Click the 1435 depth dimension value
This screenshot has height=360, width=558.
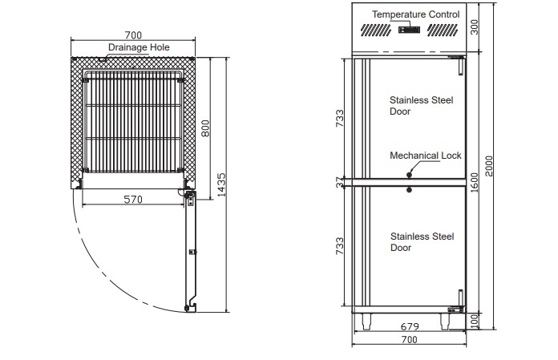[221, 185]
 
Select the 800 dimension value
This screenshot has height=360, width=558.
[205, 128]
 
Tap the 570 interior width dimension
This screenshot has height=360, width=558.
[133, 200]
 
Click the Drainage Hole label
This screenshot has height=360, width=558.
[139, 47]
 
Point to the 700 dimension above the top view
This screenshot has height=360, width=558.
[133, 35]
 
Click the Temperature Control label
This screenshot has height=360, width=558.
[415, 14]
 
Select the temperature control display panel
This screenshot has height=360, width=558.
[409, 30]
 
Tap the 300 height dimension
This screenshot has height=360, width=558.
[475, 27]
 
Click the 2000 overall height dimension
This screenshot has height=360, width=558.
[489, 166]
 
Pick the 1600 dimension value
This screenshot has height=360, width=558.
[475, 183]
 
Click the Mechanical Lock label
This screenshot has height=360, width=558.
[426, 156]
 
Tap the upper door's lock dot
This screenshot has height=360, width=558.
[409, 175]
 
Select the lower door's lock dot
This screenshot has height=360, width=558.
[409, 190]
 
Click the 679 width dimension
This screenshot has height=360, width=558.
[410, 326]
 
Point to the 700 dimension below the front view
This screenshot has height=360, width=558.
[409, 339]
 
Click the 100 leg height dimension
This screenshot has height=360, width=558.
[475, 322]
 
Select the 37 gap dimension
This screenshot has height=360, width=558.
[340, 183]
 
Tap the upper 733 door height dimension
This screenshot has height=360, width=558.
[340, 118]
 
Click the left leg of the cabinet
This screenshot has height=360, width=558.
[366, 322]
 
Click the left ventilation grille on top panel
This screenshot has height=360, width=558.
[376, 30]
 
